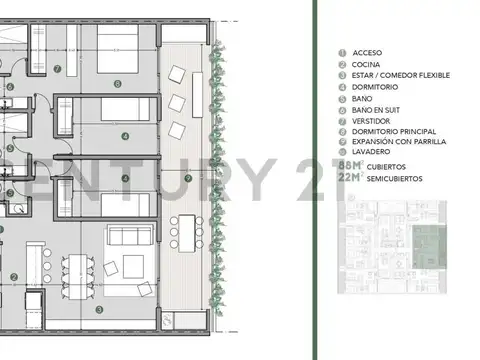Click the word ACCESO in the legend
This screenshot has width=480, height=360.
pyautogui.click(x=367, y=53)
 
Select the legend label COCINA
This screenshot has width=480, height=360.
pyautogui.click(x=366, y=64)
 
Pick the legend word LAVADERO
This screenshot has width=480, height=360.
pyautogui.click(x=371, y=155)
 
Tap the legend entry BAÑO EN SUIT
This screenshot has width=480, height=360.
pyautogui.click(x=376, y=110)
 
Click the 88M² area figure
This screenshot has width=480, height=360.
pyautogui.click(x=350, y=166)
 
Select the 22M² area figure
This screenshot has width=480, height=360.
pyautogui.click(x=350, y=178)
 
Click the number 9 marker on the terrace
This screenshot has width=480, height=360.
pyautogui.click(x=189, y=178)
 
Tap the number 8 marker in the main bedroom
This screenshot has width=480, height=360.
pyautogui.click(x=118, y=84)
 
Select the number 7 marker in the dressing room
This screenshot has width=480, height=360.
pyautogui.click(x=58, y=69)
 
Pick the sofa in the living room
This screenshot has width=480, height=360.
pyautogui.click(x=129, y=237)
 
